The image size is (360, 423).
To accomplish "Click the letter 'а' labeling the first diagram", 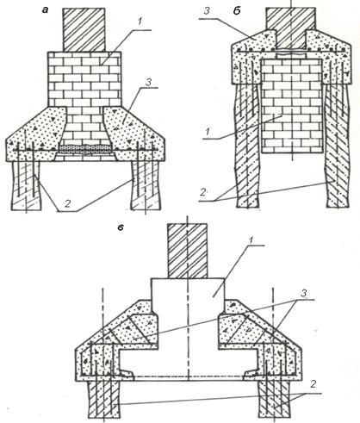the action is point(45,10).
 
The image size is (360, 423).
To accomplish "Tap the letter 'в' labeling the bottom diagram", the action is point(121,228).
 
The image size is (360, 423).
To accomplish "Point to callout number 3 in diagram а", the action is point(148,83).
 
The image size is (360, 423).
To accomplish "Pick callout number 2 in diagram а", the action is point(67,204).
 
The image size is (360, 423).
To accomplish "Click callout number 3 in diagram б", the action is point(208,11).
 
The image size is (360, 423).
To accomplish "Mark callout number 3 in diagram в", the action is point(304,294).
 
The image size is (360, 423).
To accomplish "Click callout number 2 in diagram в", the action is point(313,384).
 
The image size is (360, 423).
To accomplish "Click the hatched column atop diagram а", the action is point(84,30).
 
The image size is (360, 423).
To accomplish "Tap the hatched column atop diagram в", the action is point(187,251).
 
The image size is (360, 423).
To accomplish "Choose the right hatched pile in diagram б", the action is point(338,145).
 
